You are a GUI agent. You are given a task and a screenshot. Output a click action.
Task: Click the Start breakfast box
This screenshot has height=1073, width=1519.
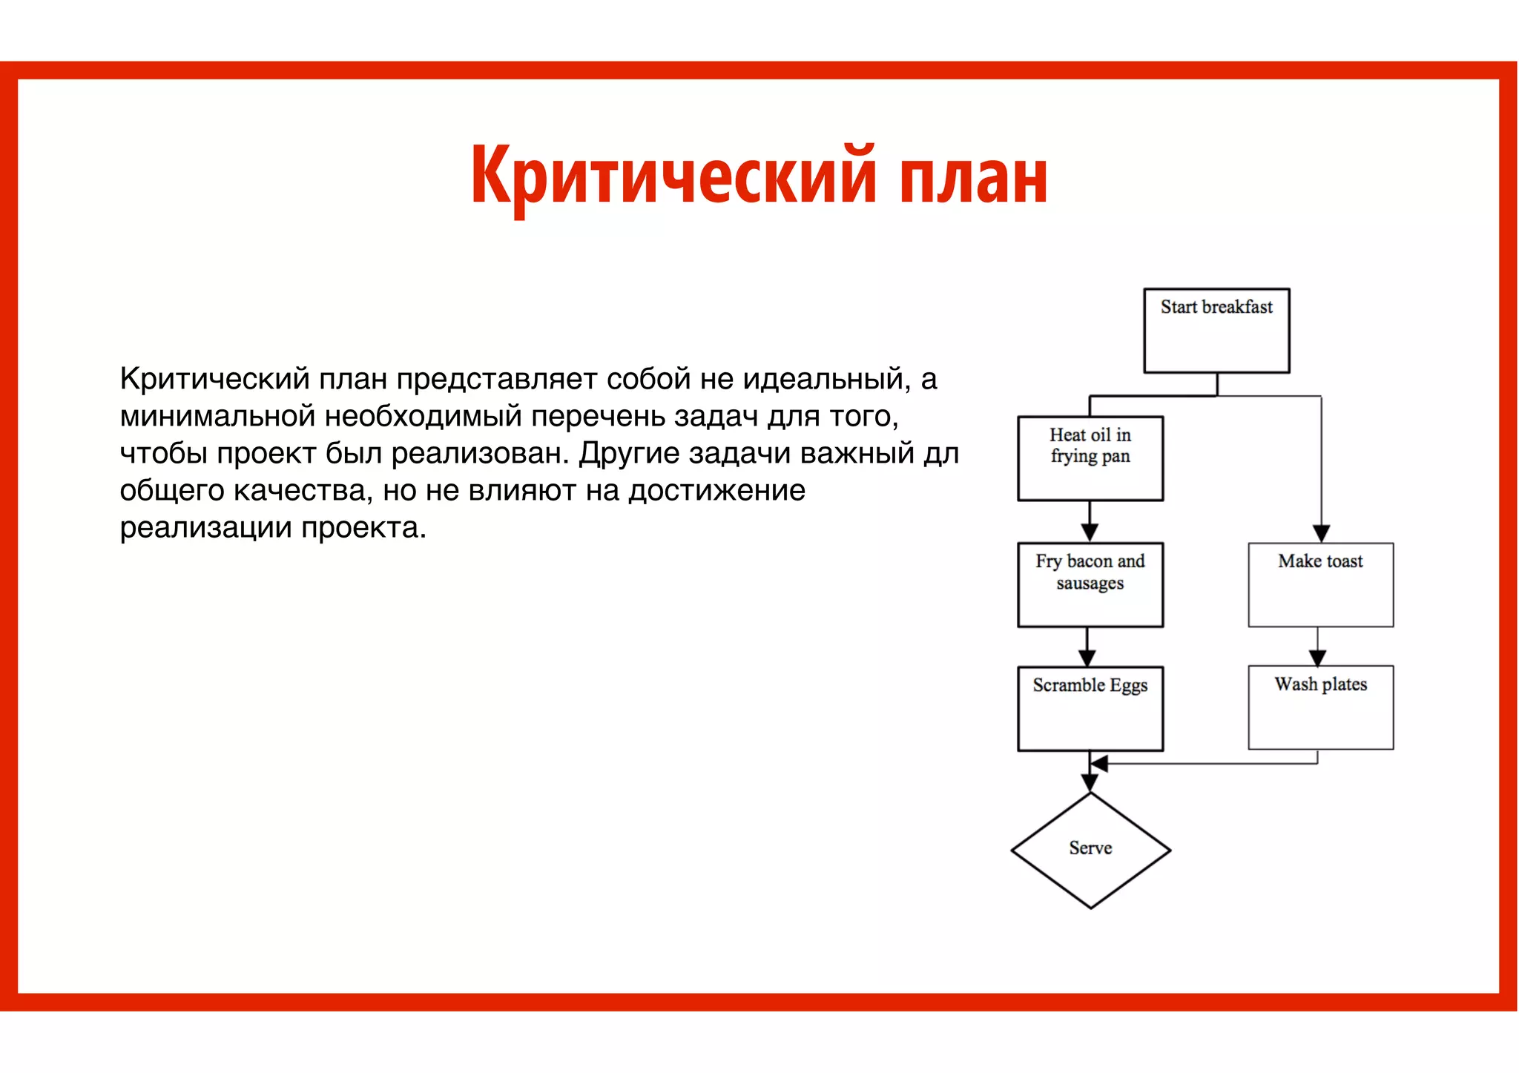click(1216, 331)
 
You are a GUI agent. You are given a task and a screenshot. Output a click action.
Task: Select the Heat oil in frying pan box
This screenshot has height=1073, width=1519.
click(1090, 458)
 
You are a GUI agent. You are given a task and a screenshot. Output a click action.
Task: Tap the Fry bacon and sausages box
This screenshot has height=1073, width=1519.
click(1090, 584)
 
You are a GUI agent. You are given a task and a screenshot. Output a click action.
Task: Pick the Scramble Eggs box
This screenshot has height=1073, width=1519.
click(1090, 708)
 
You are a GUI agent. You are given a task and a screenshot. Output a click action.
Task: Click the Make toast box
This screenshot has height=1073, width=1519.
click(1320, 584)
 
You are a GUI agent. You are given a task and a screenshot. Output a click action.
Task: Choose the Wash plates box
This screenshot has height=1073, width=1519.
click(1320, 707)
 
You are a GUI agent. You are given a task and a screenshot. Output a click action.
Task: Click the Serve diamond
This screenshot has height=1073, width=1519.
click(1090, 850)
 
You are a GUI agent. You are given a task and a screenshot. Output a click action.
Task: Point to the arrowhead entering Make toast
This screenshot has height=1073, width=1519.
click(1321, 534)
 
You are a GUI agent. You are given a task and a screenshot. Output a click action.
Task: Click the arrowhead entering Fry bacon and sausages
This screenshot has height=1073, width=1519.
click(1090, 533)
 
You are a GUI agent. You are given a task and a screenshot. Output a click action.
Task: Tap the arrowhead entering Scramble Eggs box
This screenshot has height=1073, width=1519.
click(1087, 658)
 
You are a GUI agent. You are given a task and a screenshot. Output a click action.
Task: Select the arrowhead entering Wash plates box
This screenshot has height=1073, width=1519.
click(1317, 658)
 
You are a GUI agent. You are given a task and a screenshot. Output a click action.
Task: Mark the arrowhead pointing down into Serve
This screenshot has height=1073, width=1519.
click(1090, 783)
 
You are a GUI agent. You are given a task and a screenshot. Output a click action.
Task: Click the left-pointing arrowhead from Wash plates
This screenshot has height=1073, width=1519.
click(1099, 764)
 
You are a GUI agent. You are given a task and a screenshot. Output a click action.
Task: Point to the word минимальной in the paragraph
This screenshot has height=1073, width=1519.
click(217, 417)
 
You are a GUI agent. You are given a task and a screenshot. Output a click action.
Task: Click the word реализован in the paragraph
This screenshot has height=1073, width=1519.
click(480, 454)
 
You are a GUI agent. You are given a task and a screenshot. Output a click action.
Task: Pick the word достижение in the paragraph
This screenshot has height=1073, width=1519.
click(716, 491)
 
